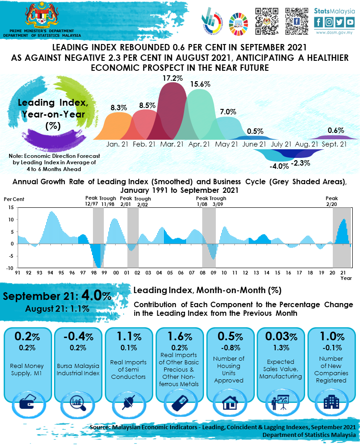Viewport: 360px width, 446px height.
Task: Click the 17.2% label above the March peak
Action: click(173, 78)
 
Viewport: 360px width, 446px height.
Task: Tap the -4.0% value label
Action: click(279, 166)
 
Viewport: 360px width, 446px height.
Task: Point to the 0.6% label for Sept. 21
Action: click(336, 130)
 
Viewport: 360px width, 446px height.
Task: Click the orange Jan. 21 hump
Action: click(118, 127)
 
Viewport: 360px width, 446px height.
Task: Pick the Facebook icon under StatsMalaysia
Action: click(319, 22)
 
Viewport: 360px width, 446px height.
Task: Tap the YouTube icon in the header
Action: click(350, 22)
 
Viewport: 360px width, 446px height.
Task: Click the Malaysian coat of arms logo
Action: click(42, 15)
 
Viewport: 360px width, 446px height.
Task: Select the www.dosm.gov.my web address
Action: click(335, 33)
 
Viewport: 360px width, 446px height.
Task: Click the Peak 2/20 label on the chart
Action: click(332, 201)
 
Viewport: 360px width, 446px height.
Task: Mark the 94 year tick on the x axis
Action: click(50, 273)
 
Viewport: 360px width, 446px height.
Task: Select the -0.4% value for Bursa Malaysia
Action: click(78, 337)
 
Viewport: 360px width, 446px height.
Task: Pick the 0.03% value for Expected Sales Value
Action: click(281, 337)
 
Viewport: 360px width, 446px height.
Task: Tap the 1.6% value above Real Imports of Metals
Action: click(179, 337)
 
